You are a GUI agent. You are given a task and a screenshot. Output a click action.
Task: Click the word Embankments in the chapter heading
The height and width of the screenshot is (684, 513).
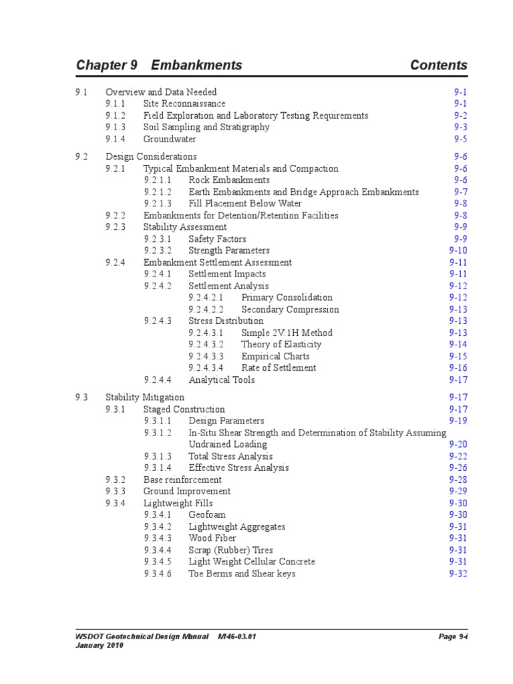196,65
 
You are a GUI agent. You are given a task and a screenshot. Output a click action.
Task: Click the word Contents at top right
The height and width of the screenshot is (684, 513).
439,65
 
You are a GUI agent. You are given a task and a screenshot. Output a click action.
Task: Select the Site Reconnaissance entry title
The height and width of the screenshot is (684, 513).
184,104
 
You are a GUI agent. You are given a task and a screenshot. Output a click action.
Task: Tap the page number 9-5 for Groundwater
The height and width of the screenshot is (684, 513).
461,140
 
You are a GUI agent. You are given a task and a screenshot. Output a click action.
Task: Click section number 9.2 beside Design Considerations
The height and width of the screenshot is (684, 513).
81,157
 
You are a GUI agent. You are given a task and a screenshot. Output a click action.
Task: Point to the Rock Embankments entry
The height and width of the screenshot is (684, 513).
229,180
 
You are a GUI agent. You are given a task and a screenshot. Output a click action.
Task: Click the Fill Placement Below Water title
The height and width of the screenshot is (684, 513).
245,204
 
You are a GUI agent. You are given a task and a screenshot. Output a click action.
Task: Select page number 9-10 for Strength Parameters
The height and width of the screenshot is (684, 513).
458,250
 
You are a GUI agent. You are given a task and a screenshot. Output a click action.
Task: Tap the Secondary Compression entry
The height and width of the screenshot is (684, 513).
290,310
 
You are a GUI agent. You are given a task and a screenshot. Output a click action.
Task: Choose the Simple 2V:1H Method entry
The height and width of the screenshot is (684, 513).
287,333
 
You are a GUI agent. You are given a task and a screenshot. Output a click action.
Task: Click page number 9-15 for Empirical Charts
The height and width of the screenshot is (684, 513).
458,357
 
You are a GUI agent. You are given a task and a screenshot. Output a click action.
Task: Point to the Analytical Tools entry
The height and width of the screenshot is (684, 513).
221,380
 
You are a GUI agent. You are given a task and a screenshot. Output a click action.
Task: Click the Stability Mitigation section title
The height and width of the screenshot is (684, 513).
145,397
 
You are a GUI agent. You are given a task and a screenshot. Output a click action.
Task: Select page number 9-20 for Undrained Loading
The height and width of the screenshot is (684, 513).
458,444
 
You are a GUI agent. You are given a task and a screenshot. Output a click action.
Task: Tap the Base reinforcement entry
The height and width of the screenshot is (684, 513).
182,480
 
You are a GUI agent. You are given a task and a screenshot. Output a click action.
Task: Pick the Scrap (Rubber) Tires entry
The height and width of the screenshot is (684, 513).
230,550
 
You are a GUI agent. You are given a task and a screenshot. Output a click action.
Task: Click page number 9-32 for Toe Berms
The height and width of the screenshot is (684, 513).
458,574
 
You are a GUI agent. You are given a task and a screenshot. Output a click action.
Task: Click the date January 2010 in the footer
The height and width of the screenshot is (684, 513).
100,646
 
